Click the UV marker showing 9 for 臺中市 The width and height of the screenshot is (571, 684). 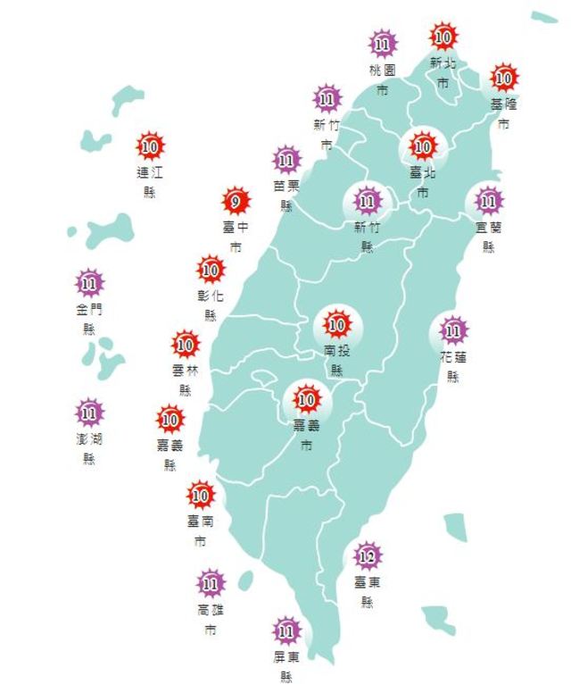tap(236, 201)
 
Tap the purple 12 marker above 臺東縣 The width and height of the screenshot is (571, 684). tap(367, 557)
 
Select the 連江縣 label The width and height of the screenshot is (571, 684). tap(149, 180)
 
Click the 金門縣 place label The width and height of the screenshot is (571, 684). tap(89, 319)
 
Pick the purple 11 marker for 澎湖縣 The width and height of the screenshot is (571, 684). tap(89, 413)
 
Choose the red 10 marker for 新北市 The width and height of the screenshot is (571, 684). tap(443, 37)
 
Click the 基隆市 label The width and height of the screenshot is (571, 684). tap(503, 113)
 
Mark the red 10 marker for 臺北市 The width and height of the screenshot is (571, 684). tap(421, 145)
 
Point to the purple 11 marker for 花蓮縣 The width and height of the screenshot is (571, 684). tap(453, 331)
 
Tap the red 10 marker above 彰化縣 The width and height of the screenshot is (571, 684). tap(211, 267)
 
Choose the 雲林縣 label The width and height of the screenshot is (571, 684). tap(186, 379)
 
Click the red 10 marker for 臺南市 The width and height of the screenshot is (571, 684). tap(201, 494)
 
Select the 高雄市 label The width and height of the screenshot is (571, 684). tap(211, 620)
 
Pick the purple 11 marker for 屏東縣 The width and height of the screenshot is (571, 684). tap(286, 631)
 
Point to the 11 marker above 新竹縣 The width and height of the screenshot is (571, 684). tap(367, 199)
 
